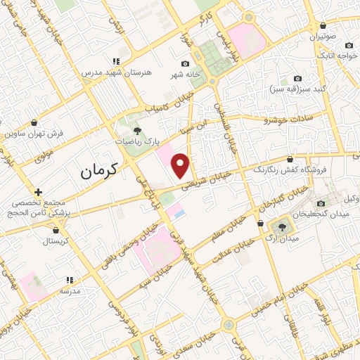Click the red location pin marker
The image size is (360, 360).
click(x=181, y=166)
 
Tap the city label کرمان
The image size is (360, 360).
click(x=97, y=169)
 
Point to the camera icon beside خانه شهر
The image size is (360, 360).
click(x=185, y=64)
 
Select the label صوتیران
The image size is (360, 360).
click(x=331, y=34)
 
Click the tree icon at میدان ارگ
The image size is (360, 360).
click(x=282, y=226)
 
